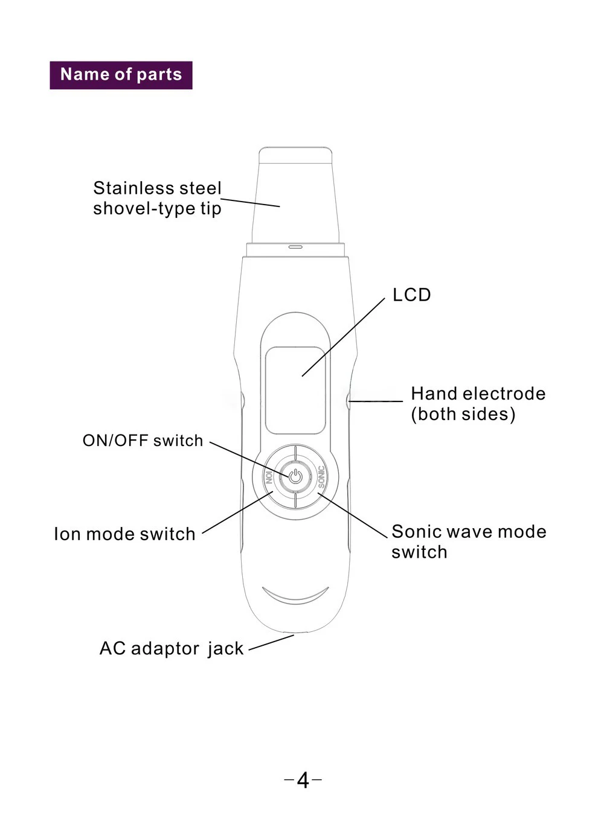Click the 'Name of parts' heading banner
(x=121, y=75)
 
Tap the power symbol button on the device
(x=295, y=477)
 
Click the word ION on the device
(x=269, y=477)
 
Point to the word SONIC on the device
(x=321, y=477)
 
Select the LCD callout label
(x=412, y=295)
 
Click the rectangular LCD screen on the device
(x=295, y=390)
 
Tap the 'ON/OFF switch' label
(x=143, y=441)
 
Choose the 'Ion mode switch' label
(x=124, y=534)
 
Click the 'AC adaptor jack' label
(x=172, y=648)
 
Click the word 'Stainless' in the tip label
(x=133, y=188)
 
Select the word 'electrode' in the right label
(x=504, y=394)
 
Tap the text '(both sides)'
(x=463, y=414)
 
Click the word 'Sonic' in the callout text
(x=414, y=532)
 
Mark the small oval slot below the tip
(x=295, y=247)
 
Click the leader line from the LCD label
(x=343, y=337)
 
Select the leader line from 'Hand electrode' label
(x=376, y=401)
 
